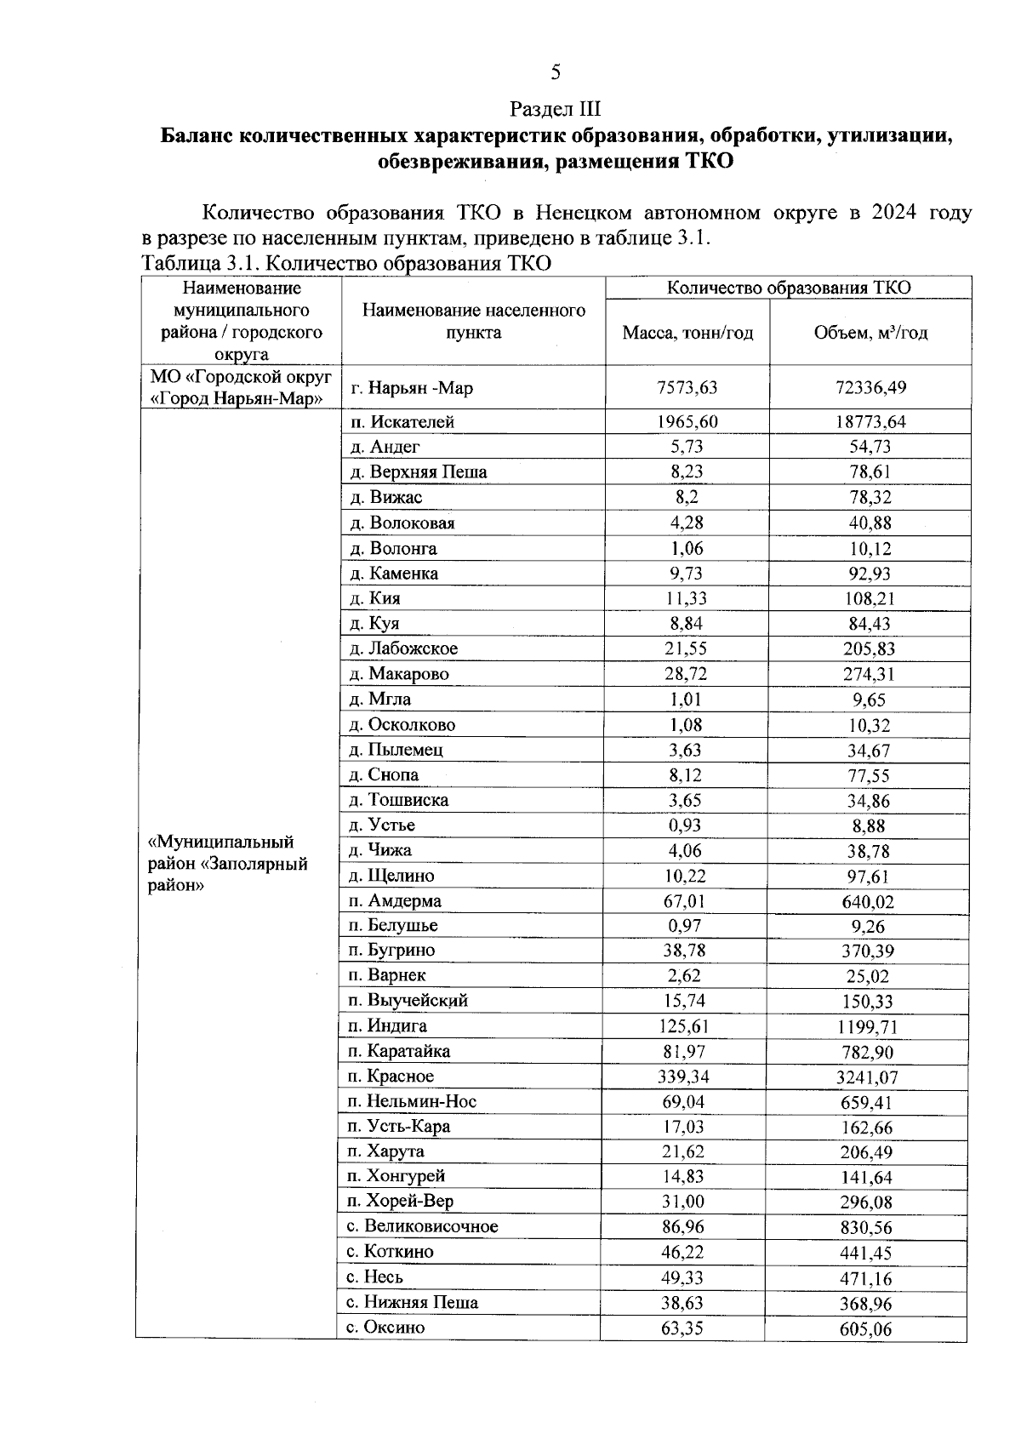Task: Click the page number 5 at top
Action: [555, 72]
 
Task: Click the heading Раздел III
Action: [555, 109]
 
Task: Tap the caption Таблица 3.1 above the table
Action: [345, 263]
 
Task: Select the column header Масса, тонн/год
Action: [687, 333]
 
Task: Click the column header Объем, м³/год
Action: [870, 333]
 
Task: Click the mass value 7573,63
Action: [687, 388]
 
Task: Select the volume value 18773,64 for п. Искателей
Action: [870, 422]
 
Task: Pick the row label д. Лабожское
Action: [404, 648]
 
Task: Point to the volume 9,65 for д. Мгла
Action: [870, 700]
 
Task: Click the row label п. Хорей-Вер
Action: [401, 1202]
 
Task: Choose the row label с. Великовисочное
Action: [422, 1226]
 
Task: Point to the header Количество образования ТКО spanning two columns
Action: [788, 288]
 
